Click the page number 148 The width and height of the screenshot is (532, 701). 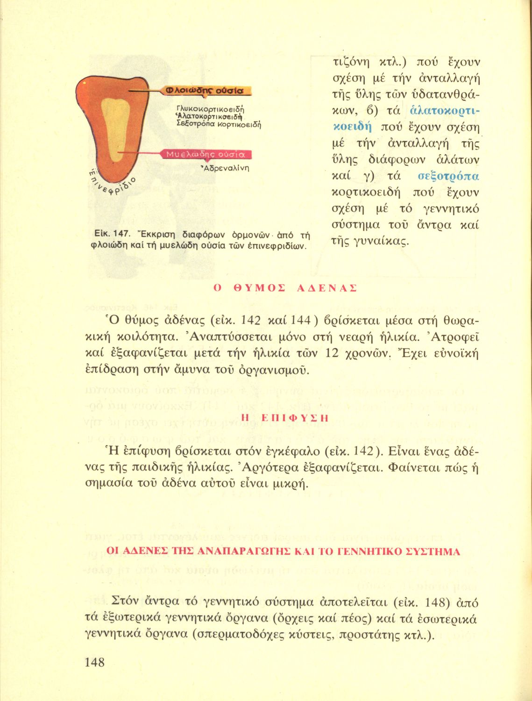click(94, 662)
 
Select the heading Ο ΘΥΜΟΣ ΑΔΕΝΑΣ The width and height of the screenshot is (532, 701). click(285, 288)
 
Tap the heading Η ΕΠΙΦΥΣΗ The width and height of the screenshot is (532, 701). click(284, 418)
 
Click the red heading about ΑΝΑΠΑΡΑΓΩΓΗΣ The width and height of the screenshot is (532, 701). click(283, 551)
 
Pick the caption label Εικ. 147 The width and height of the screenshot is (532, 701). click(109, 234)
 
